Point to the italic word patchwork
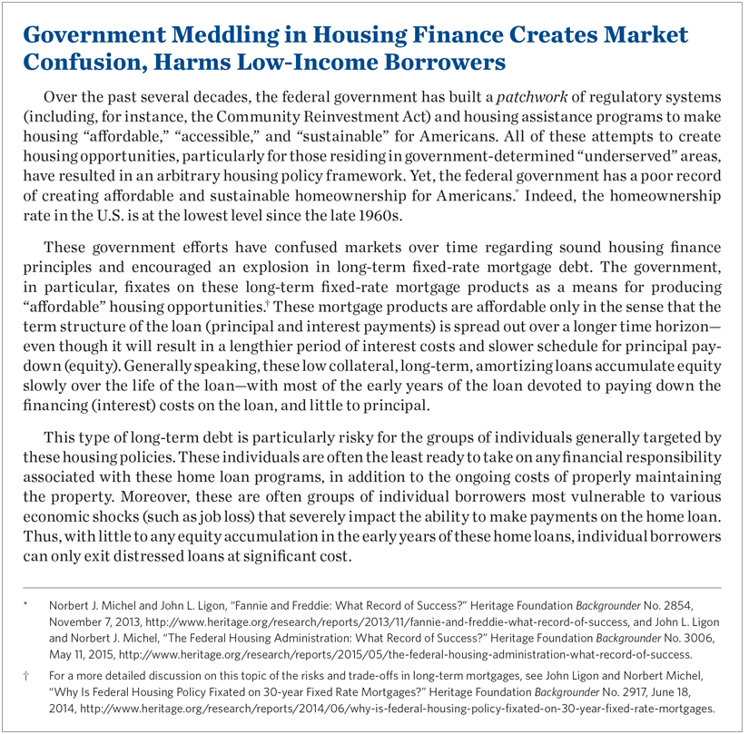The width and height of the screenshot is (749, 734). click(x=512, y=96)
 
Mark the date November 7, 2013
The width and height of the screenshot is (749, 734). click(x=104, y=618)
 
